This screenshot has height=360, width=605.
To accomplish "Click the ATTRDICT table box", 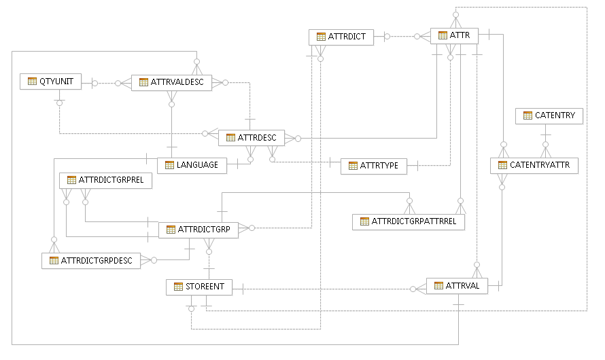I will [x=341, y=37].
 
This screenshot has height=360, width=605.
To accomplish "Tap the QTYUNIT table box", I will [x=50, y=82].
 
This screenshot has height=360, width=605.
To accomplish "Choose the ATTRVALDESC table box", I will [x=171, y=82].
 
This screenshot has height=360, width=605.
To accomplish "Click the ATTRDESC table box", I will [x=251, y=138].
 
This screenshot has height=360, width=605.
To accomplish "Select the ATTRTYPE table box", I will [x=373, y=166].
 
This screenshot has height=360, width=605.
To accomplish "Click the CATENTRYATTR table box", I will [x=534, y=165].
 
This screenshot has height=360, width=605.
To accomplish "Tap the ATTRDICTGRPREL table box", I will [x=105, y=181].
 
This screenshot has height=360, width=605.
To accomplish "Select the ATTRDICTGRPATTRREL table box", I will [x=409, y=221].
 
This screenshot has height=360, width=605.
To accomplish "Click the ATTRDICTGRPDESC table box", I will [x=91, y=261].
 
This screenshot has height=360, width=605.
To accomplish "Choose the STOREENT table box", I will [x=199, y=287].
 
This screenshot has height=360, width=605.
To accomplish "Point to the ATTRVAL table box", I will [x=457, y=286].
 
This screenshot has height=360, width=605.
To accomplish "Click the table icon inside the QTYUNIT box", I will [x=31, y=82].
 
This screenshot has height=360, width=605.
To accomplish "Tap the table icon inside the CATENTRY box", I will [x=527, y=116].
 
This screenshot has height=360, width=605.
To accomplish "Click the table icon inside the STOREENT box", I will [x=178, y=287].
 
